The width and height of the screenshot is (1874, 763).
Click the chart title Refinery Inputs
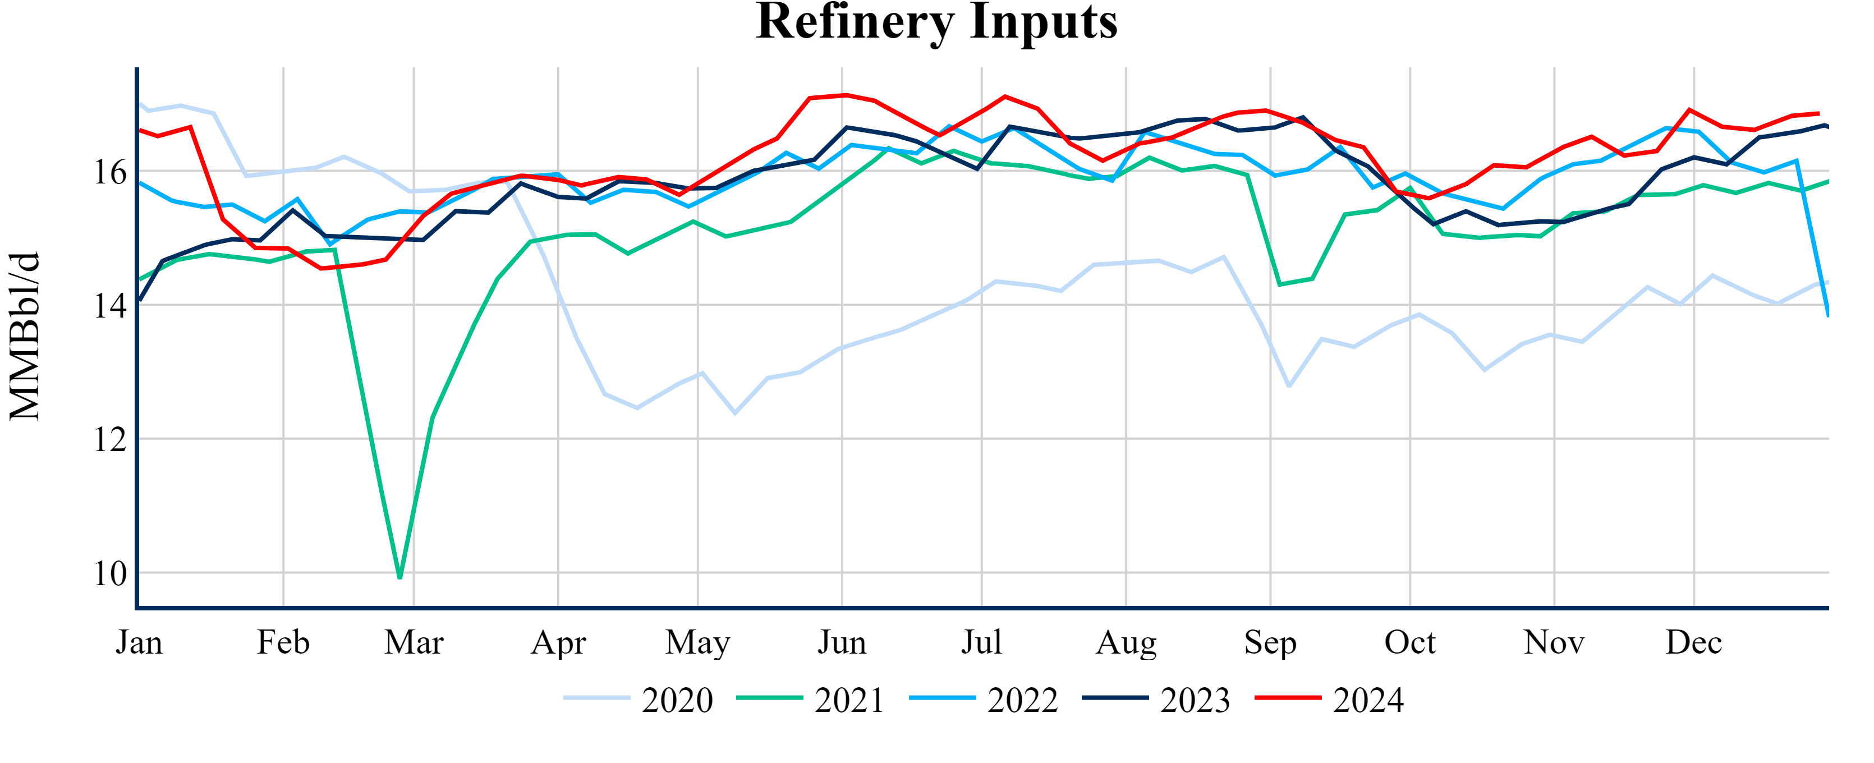[936, 22]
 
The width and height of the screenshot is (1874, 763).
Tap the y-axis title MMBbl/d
[25, 336]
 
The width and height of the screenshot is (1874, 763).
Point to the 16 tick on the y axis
[110, 172]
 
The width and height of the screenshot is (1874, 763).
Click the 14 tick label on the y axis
[110, 306]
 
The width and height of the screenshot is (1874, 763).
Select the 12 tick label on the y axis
[110, 439]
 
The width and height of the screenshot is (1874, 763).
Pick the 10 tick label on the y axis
[110, 574]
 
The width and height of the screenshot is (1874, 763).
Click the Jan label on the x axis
[139, 642]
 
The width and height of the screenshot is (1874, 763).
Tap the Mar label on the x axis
[414, 642]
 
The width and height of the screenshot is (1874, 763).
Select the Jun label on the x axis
[842, 642]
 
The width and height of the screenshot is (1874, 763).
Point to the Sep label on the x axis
[1270, 642]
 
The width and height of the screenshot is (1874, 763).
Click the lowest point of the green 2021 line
[400, 577]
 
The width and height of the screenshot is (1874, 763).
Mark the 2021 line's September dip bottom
[1280, 284]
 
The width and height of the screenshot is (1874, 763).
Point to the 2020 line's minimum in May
[735, 413]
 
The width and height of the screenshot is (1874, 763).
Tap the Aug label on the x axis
[1126, 642]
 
